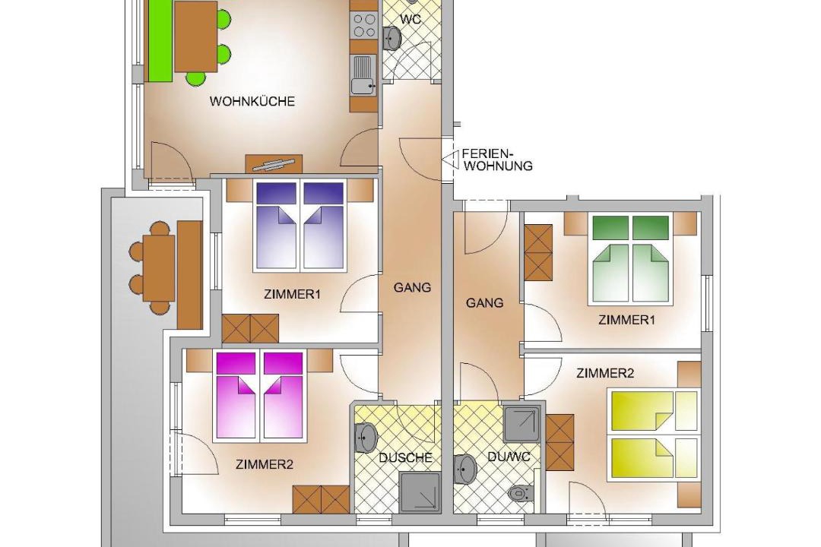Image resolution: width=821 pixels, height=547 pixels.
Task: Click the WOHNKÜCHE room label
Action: click(x=252, y=101)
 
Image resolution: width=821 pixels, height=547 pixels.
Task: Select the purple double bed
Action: click(x=300, y=226)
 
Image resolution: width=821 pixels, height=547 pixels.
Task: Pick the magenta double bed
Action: click(x=260, y=395)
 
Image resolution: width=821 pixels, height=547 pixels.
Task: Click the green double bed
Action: click(x=631, y=259)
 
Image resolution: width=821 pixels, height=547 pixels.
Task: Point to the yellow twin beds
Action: click(x=654, y=435)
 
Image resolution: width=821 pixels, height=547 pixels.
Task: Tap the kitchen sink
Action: click(x=364, y=75)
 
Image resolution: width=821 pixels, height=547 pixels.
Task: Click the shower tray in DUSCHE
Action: click(x=419, y=492)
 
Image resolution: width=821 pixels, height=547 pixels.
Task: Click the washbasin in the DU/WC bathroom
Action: click(x=465, y=469)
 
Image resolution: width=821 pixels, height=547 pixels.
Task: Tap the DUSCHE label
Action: click(x=406, y=457)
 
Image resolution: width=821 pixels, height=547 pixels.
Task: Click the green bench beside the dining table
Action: click(x=160, y=40)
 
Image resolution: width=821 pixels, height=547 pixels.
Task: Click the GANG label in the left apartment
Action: click(x=412, y=287)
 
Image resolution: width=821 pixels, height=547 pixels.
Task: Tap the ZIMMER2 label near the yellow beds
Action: click(x=605, y=373)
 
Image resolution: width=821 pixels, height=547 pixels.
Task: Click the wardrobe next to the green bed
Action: click(x=538, y=253)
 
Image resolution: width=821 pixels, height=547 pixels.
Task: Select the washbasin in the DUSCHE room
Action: click(x=366, y=438)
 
